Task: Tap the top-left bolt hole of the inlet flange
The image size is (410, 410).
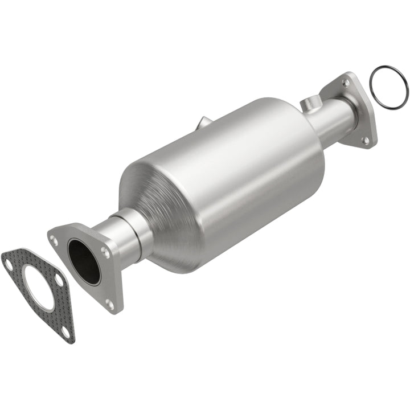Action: (55, 240)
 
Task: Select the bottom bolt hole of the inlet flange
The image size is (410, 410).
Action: (110, 304)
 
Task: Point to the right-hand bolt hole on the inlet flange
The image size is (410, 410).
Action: (105, 249)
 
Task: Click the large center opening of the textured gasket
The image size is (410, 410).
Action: (39, 293)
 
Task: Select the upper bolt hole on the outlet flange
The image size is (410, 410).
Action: (345, 83)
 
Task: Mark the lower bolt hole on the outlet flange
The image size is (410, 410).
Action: (366, 139)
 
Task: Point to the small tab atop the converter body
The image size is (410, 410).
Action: (204, 122)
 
